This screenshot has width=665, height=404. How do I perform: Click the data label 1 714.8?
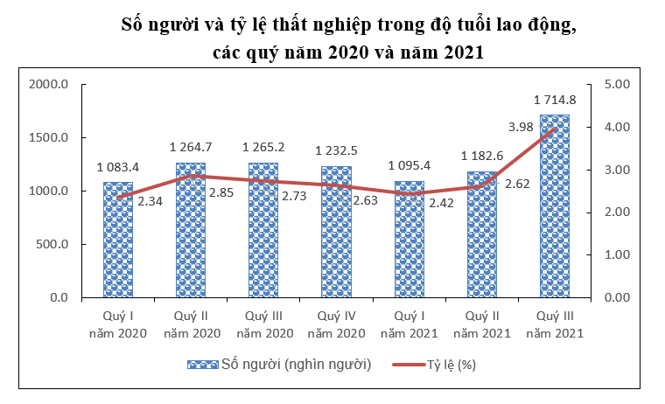click(x=556, y=100)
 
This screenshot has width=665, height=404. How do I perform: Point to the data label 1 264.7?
click(x=191, y=147)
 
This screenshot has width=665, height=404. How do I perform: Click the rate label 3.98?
click(x=521, y=128)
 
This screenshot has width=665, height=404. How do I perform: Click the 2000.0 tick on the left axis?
click(x=49, y=85)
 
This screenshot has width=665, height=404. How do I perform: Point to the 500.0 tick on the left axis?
click(x=52, y=244)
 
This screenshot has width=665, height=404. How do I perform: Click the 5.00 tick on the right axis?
click(x=617, y=85)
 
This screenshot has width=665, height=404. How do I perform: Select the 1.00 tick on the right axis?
click(x=617, y=255)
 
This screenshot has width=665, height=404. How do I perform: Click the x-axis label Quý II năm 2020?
click(x=191, y=324)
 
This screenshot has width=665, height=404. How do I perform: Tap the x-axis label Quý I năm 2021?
click(x=409, y=324)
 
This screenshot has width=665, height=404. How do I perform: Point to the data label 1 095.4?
click(x=409, y=165)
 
